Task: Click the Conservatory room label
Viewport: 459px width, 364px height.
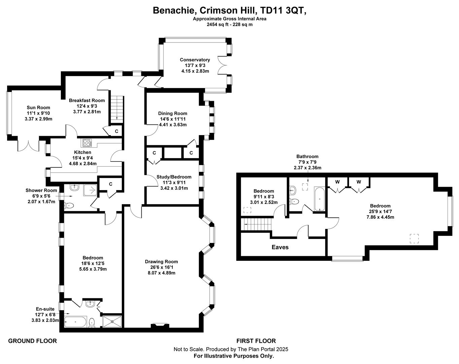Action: click(195, 60)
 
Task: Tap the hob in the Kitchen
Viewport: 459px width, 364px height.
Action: click(86, 143)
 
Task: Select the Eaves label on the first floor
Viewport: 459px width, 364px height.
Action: click(280, 247)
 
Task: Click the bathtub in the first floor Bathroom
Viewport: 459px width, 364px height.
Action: click(319, 199)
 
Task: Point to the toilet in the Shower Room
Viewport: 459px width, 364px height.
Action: click(69, 206)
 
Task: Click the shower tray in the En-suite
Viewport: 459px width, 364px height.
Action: click(112, 322)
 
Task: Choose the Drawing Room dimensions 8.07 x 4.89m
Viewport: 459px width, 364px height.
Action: click(162, 273)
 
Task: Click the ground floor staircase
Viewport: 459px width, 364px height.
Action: click(117, 110)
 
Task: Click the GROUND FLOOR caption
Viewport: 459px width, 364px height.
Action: click(32, 341)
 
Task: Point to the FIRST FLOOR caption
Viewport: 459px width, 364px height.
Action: click(256, 341)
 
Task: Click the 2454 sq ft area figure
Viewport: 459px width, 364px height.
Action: click(218, 25)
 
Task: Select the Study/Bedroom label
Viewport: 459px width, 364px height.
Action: click(174, 177)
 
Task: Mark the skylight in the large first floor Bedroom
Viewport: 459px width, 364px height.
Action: click(414, 239)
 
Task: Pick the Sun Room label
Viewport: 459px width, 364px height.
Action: click(38, 108)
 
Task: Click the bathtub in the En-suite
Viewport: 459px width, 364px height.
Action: click(75, 322)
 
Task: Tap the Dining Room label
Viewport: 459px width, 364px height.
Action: click(173, 114)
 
